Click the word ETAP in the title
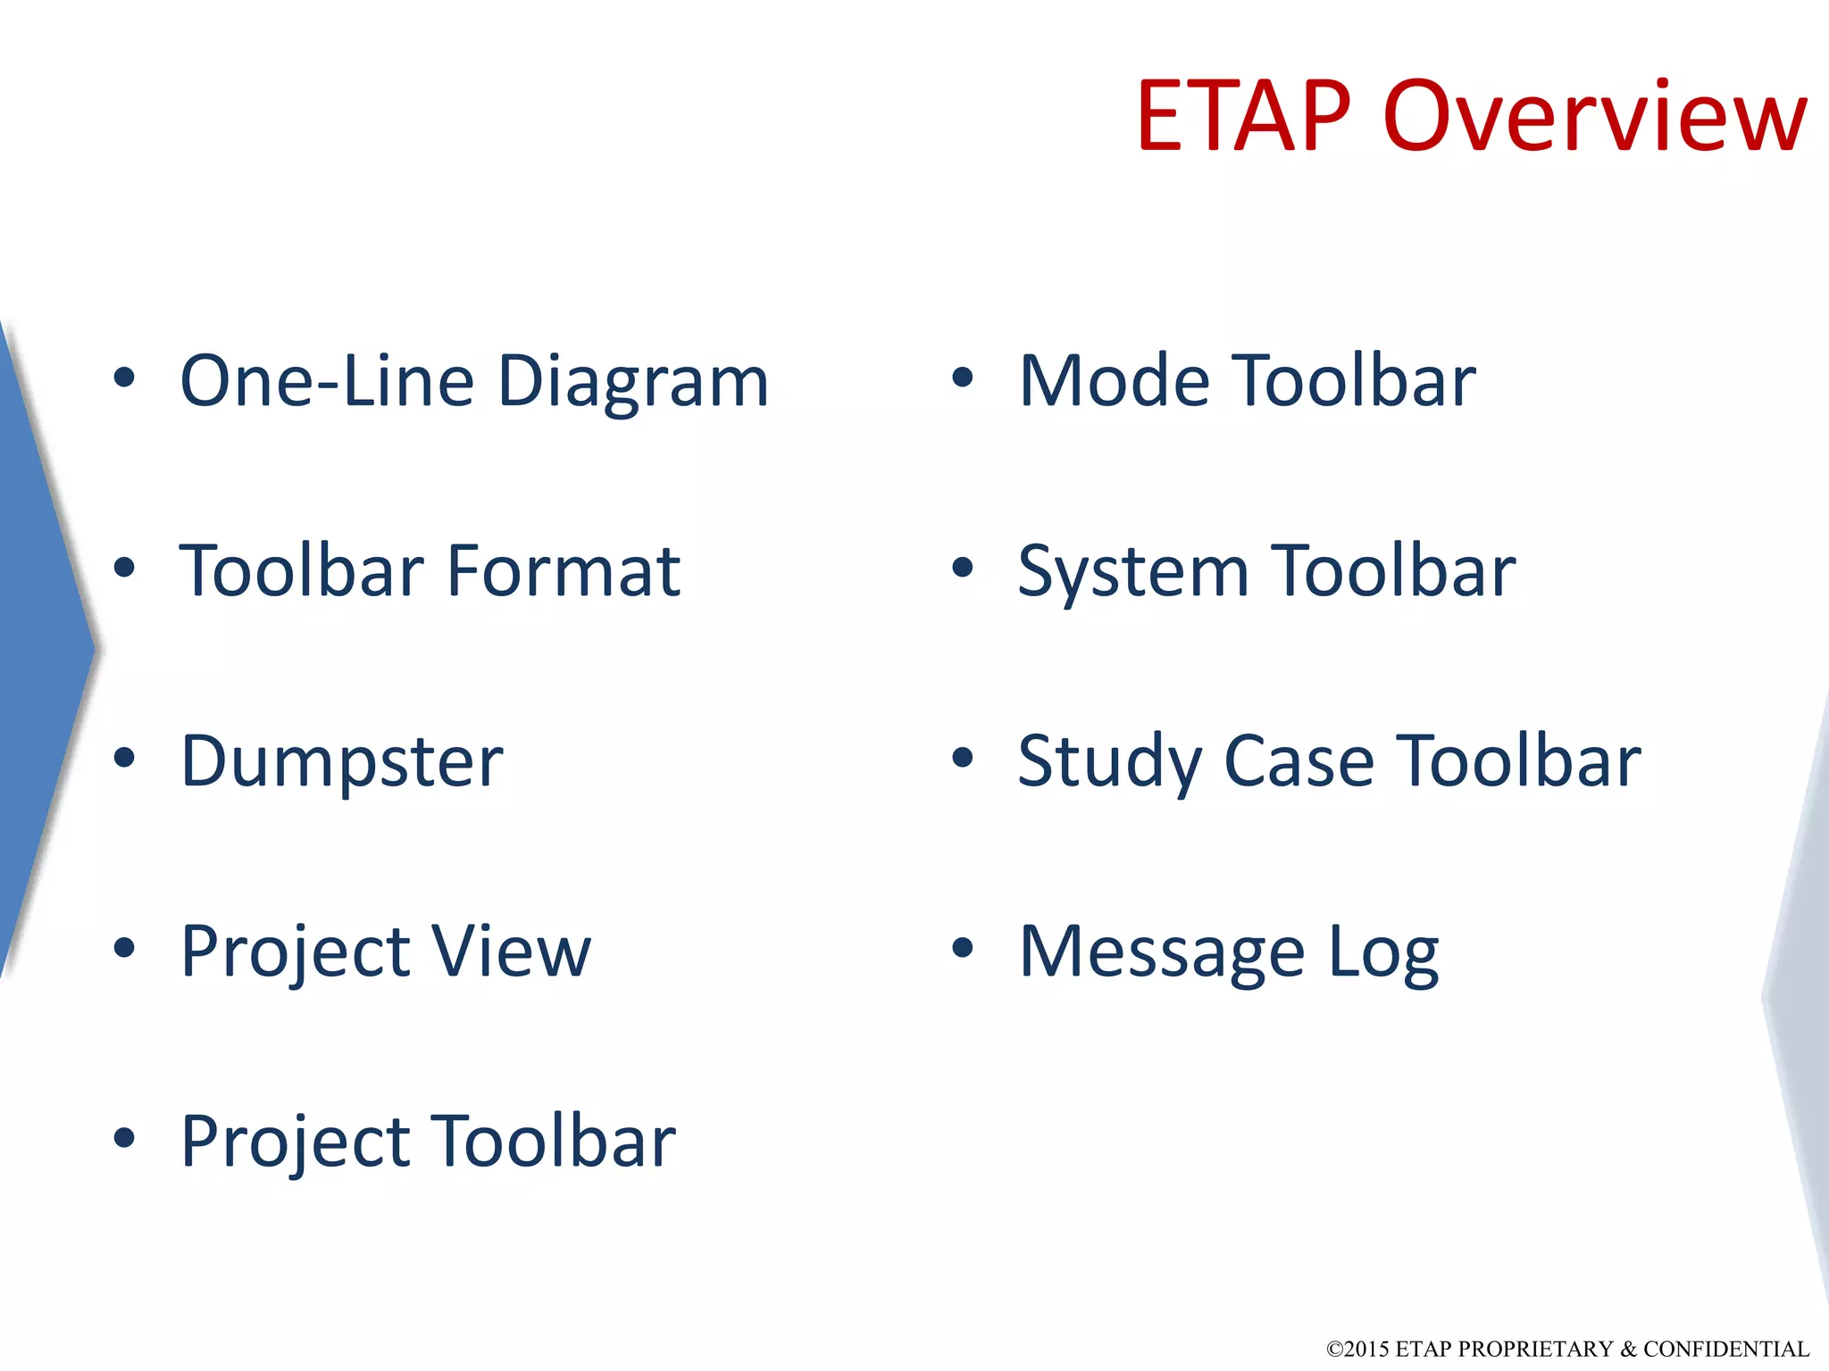point(1243,116)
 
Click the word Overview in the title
point(1595,116)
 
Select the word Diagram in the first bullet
point(632,382)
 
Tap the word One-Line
point(327,382)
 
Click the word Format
point(564,571)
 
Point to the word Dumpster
point(342,762)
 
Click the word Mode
point(1115,382)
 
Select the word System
point(1133,573)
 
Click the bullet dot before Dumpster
point(124,758)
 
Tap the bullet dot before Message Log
point(962,948)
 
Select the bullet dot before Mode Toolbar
point(962,378)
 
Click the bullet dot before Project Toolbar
point(124,1138)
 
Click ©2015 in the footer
point(1357,1349)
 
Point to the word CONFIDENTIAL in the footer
point(1725,1349)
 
